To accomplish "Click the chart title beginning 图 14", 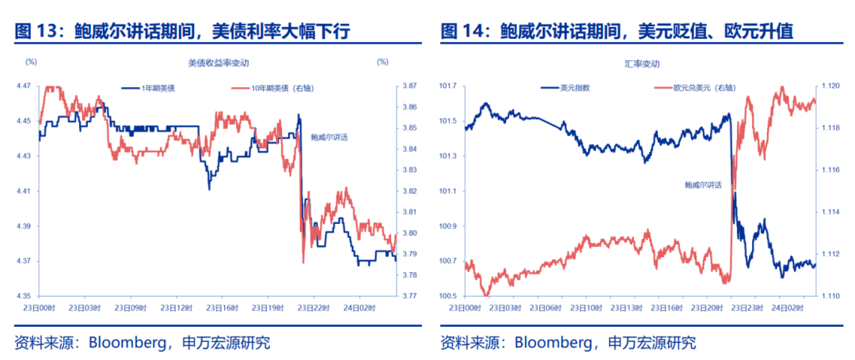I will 617,31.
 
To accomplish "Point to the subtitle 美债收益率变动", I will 212,62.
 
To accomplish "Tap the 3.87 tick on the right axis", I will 409,85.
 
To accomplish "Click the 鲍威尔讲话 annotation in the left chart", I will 329,137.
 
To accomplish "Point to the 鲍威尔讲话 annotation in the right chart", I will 703,184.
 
